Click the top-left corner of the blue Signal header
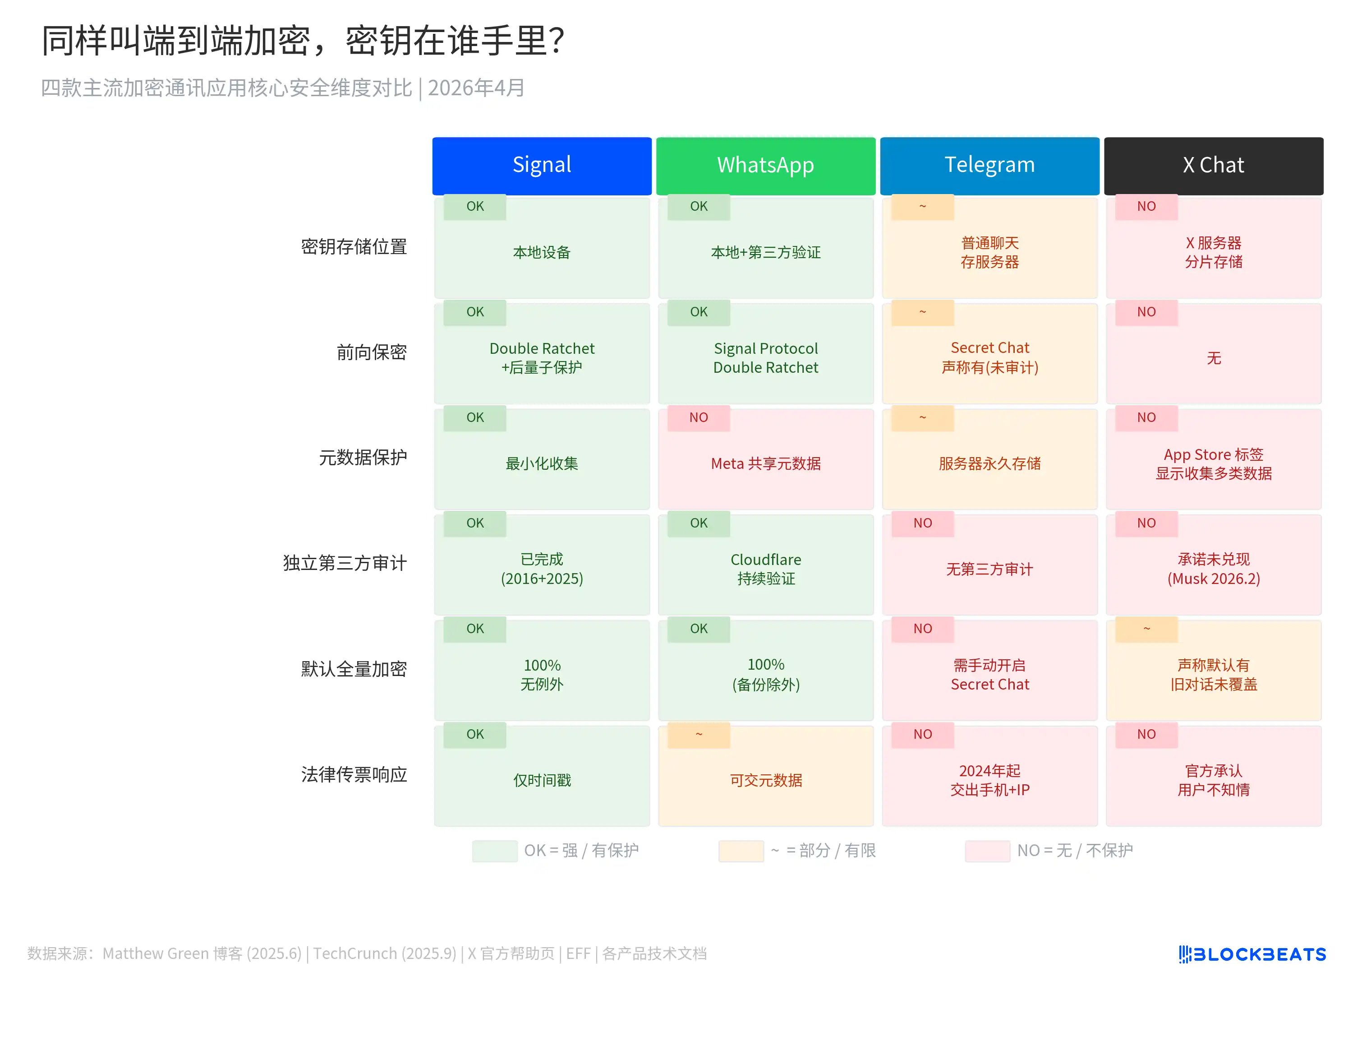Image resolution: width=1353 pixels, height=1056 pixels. click(433, 138)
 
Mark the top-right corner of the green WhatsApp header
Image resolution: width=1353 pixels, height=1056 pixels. click(875, 138)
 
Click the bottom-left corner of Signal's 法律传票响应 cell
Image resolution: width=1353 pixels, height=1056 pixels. click(434, 826)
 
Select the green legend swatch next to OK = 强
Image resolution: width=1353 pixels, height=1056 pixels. click(494, 851)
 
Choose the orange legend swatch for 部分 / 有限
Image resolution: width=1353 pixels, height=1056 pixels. click(741, 851)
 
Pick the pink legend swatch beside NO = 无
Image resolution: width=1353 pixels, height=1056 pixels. click(988, 851)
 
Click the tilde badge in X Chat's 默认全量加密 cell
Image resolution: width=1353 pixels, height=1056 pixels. click(1147, 629)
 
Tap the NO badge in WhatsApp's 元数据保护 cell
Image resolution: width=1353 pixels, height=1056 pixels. click(699, 418)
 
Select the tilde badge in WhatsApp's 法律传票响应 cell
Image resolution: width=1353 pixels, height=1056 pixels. click(699, 734)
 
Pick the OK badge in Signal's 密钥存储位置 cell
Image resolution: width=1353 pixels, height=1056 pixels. click(475, 206)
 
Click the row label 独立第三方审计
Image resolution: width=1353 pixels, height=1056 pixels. click(345, 563)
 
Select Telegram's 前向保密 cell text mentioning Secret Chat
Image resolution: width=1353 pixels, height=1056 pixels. click(990, 357)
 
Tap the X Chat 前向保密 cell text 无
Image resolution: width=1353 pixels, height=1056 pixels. click(1214, 358)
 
